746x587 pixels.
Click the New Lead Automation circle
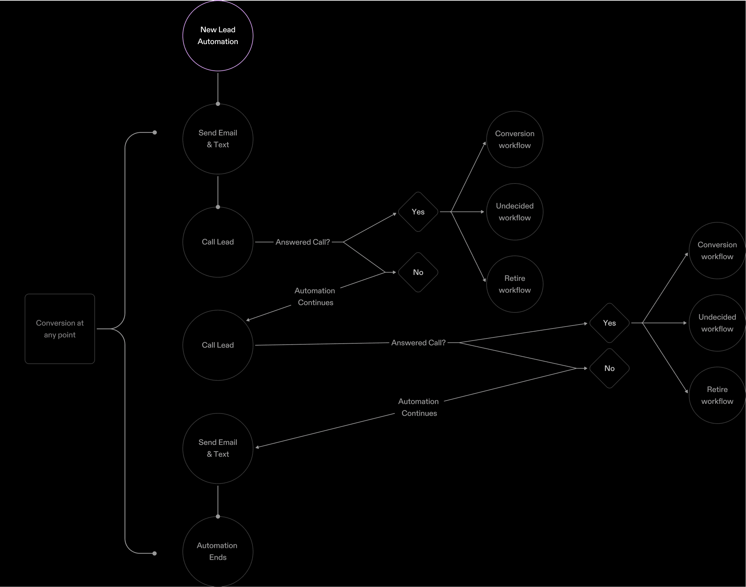click(x=218, y=36)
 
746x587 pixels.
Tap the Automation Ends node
click(x=218, y=551)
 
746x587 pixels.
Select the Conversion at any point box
click(x=60, y=329)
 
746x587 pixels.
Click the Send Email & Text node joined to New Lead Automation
click(x=218, y=139)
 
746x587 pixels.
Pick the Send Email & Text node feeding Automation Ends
click(x=218, y=448)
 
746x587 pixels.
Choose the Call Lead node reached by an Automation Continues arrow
click(x=218, y=345)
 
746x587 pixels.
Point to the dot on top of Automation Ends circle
click(x=218, y=517)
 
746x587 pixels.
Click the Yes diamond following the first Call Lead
click(x=418, y=212)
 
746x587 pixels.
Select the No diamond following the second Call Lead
click(x=609, y=368)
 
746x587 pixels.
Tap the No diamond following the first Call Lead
click(x=418, y=272)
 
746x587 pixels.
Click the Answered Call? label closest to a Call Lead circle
click(x=302, y=242)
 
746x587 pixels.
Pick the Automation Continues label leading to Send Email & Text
click(x=419, y=407)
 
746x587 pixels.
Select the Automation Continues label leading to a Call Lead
click(x=315, y=297)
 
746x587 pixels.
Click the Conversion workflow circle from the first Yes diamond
click(x=515, y=139)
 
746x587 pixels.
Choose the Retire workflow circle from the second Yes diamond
click(x=717, y=395)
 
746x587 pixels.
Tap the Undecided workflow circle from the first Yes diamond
click(x=515, y=212)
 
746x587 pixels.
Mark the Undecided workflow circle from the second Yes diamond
click(x=717, y=323)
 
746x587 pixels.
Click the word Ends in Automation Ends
click(x=218, y=557)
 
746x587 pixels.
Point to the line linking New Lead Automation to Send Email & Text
click(x=218, y=87)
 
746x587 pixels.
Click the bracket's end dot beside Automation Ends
click(x=155, y=553)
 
